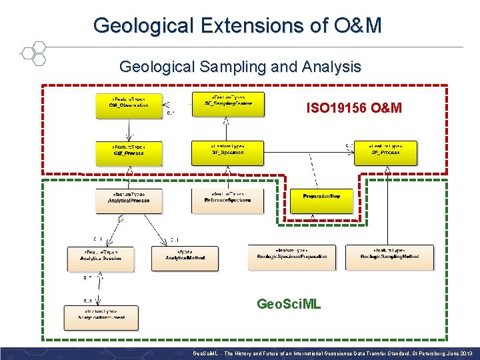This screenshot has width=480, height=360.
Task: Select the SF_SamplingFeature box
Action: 227,104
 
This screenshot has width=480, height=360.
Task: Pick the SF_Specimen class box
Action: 227,153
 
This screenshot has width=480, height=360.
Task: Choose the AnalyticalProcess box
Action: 129,201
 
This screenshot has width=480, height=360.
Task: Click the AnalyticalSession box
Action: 101,258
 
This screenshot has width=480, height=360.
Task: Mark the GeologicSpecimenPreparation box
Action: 292,257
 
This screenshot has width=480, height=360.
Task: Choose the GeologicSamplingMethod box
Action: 389,257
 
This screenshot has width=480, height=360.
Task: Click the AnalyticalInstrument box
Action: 101,317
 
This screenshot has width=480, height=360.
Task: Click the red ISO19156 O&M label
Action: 353,107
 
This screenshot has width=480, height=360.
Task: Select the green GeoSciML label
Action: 289,305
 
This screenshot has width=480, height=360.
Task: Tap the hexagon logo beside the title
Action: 32,53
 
